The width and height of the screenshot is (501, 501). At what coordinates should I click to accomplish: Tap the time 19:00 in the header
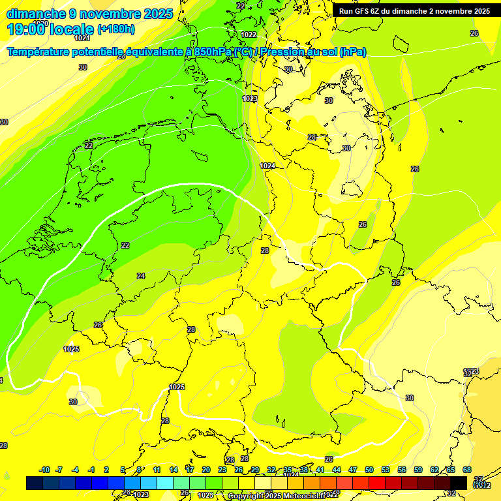(28, 29)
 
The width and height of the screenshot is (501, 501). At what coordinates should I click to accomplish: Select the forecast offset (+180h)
(116, 29)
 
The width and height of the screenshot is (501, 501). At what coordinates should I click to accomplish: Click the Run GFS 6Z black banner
(414, 10)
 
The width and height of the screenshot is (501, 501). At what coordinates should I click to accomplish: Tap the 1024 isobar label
(267, 166)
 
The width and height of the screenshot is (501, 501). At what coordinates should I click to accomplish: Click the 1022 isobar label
(248, 35)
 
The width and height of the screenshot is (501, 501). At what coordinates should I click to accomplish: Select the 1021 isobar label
(82, 56)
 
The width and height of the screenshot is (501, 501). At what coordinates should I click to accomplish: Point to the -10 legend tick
(44, 470)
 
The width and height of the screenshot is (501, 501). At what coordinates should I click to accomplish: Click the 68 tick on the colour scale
(467, 470)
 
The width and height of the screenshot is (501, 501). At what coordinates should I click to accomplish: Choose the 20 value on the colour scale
(205, 470)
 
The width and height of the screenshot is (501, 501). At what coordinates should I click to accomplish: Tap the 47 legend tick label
(353, 470)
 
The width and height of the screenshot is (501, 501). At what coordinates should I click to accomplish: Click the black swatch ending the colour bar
(458, 483)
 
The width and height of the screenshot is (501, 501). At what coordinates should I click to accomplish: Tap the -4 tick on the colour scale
(75, 470)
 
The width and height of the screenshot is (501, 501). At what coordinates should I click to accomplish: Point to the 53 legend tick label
(386, 470)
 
